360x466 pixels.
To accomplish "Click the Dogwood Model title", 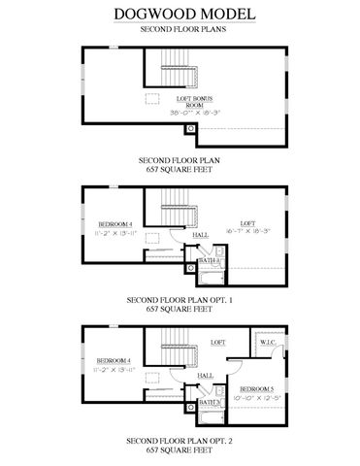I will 180,14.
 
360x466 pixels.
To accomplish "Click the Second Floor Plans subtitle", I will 180,30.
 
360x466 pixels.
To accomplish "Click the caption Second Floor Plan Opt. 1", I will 180,301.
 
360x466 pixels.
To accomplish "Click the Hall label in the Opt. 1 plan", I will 201,235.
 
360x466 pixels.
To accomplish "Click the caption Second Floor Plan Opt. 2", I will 180,440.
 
